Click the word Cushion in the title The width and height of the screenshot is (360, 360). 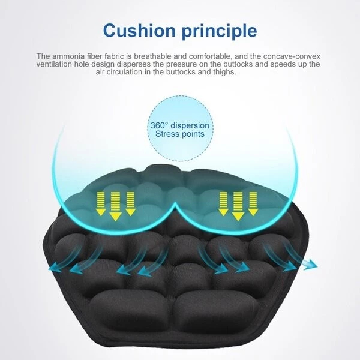tap(139, 31)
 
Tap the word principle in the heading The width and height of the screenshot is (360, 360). tap(219, 32)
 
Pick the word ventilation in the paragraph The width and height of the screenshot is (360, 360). tap(54, 64)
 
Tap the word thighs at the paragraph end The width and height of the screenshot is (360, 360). tap(224, 72)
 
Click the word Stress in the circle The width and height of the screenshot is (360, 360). tap(166, 134)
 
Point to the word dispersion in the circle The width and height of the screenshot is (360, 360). tap(190, 126)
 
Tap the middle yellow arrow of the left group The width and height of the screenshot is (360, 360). tap(115, 206)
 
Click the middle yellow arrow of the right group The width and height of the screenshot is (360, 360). tap(238, 206)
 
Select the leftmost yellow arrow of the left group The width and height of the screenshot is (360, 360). tap(101, 204)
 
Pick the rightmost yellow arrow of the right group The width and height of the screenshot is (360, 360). tap(253, 204)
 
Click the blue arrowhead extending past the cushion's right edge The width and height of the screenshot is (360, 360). tap(311, 265)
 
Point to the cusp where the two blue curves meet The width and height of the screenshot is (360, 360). tap(175, 203)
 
